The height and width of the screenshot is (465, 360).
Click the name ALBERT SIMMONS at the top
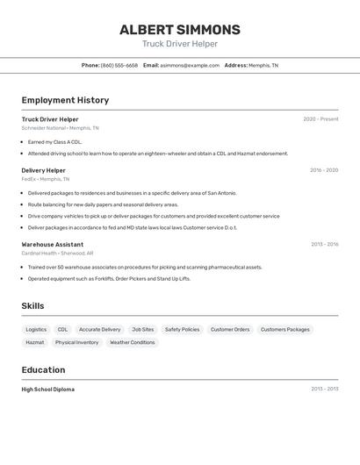pyautogui.click(x=180, y=30)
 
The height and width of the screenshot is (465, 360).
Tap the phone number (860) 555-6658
pyautogui.click(x=119, y=65)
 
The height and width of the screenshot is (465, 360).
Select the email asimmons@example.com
pyautogui.click(x=190, y=65)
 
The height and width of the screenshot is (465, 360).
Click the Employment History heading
pyautogui.click(x=65, y=100)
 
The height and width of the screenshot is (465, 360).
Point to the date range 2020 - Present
pyautogui.click(x=320, y=119)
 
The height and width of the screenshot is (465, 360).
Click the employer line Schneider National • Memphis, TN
pyautogui.click(x=60, y=128)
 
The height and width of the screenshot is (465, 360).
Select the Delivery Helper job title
pyautogui.click(x=43, y=170)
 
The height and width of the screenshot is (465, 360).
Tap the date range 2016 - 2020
pyautogui.click(x=323, y=170)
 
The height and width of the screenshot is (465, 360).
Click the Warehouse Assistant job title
pyautogui.click(x=53, y=245)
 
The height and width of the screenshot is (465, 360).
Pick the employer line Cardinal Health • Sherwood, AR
pyautogui.click(x=57, y=253)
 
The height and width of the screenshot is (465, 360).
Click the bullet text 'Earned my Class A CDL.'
pyautogui.click(x=54, y=141)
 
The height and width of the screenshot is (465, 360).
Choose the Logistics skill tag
pyautogui.click(x=36, y=330)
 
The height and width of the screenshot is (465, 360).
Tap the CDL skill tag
pyautogui.click(x=62, y=330)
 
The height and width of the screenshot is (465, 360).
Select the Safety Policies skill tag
pyautogui.click(x=182, y=330)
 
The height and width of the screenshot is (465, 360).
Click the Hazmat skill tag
pyautogui.click(x=35, y=343)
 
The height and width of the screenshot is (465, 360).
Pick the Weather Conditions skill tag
pyautogui.click(x=132, y=343)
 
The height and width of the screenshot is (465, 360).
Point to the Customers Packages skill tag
pyautogui.click(x=285, y=330)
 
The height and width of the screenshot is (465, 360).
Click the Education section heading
pyautogui.click(x=44, y=370)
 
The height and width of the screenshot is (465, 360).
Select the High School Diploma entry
pyautogui.click(x=48, y=390)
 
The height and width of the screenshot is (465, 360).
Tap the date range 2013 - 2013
pyautogui.click(x=324, y=390)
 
